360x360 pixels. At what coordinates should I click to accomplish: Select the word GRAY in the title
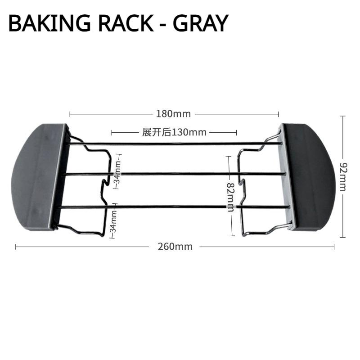(x=200, y=24)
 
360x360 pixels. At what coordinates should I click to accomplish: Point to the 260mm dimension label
(x=175, y=246)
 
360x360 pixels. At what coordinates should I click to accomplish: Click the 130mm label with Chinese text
(x=174, y=132)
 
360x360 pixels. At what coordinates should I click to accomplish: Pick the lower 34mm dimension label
(x=113, y=220)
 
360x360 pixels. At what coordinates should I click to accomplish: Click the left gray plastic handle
(x=36, y=178)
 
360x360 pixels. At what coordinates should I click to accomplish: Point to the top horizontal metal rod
(x=175, y=144)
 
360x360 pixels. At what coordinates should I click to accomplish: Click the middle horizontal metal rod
(x=175, y=173)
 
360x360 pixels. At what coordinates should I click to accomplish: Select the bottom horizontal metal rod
(x=175, y=207)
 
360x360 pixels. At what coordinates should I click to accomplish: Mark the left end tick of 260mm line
(x=16, y=246)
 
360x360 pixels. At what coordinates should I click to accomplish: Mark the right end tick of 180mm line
(x=279, y=114)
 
